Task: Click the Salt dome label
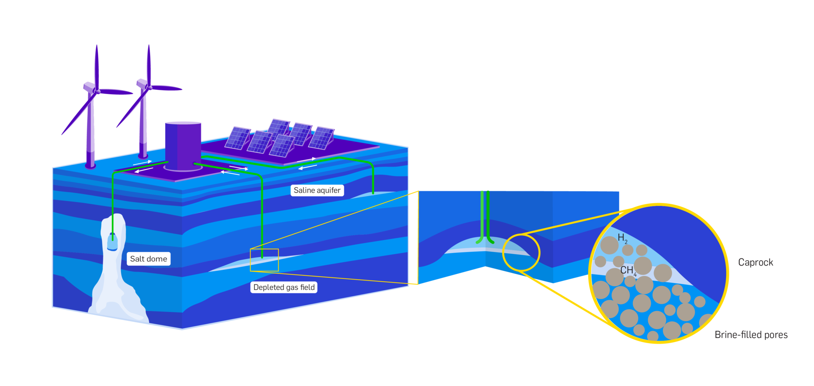coord(148,259)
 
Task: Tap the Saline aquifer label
coord(317,190)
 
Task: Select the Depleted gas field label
coord(284,287)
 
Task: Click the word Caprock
coord(755,262)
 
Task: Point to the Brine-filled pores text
coord(751,335)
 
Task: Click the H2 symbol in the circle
coord(622,238)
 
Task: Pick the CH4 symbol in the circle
coord(628,270)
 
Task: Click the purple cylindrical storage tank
coord(183,144)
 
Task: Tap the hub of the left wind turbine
coord(97,90)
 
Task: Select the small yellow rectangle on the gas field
coord(264,260)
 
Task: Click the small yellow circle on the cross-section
coord(521,253)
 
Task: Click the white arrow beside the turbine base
coord(142,162)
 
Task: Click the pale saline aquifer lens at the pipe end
coord(373,194)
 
